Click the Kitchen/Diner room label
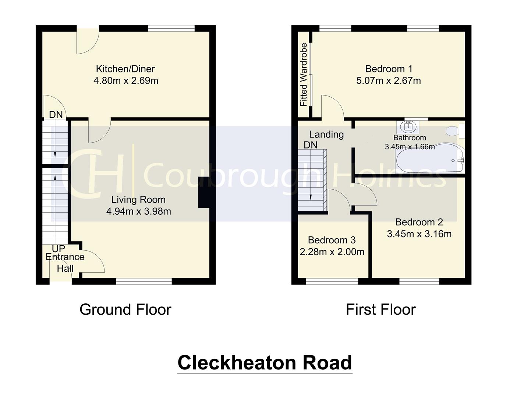125,69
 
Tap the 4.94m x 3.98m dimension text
138,211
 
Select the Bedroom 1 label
389,69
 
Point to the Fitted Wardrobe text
304,75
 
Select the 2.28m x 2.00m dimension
332,252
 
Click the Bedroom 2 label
419,222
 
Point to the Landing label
326,135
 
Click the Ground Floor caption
125,310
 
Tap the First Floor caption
381,310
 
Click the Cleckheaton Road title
265,362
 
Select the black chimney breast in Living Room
204,192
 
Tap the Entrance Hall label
65,262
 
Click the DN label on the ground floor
56,115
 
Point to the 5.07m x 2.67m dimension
389,81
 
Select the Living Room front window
144,282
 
